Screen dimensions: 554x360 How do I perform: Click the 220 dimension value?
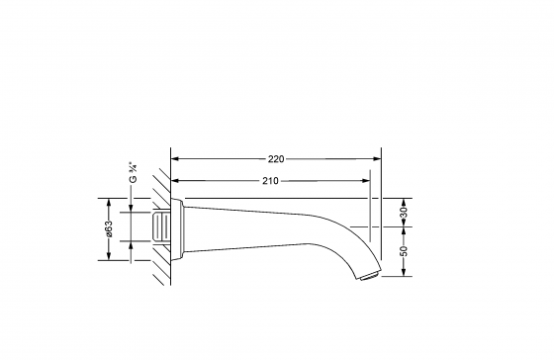click(x=276, y=159)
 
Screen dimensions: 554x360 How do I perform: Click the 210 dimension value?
click(x=270, y=181)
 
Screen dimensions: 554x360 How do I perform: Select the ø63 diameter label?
click(x=109, y=228)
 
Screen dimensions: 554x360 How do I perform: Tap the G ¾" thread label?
click(x=133, y=172)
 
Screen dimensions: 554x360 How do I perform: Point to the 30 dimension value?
click(x=404, y=212)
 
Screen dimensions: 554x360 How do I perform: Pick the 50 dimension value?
click(x=404, y=251)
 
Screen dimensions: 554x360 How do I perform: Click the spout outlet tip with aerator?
click(x=369, y=275)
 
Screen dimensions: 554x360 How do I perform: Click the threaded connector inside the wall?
click(x=161, y=226)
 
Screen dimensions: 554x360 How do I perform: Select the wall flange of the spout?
click(x=178, y=229)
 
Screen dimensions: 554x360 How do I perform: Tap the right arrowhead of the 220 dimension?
click(x=378, y=159)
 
